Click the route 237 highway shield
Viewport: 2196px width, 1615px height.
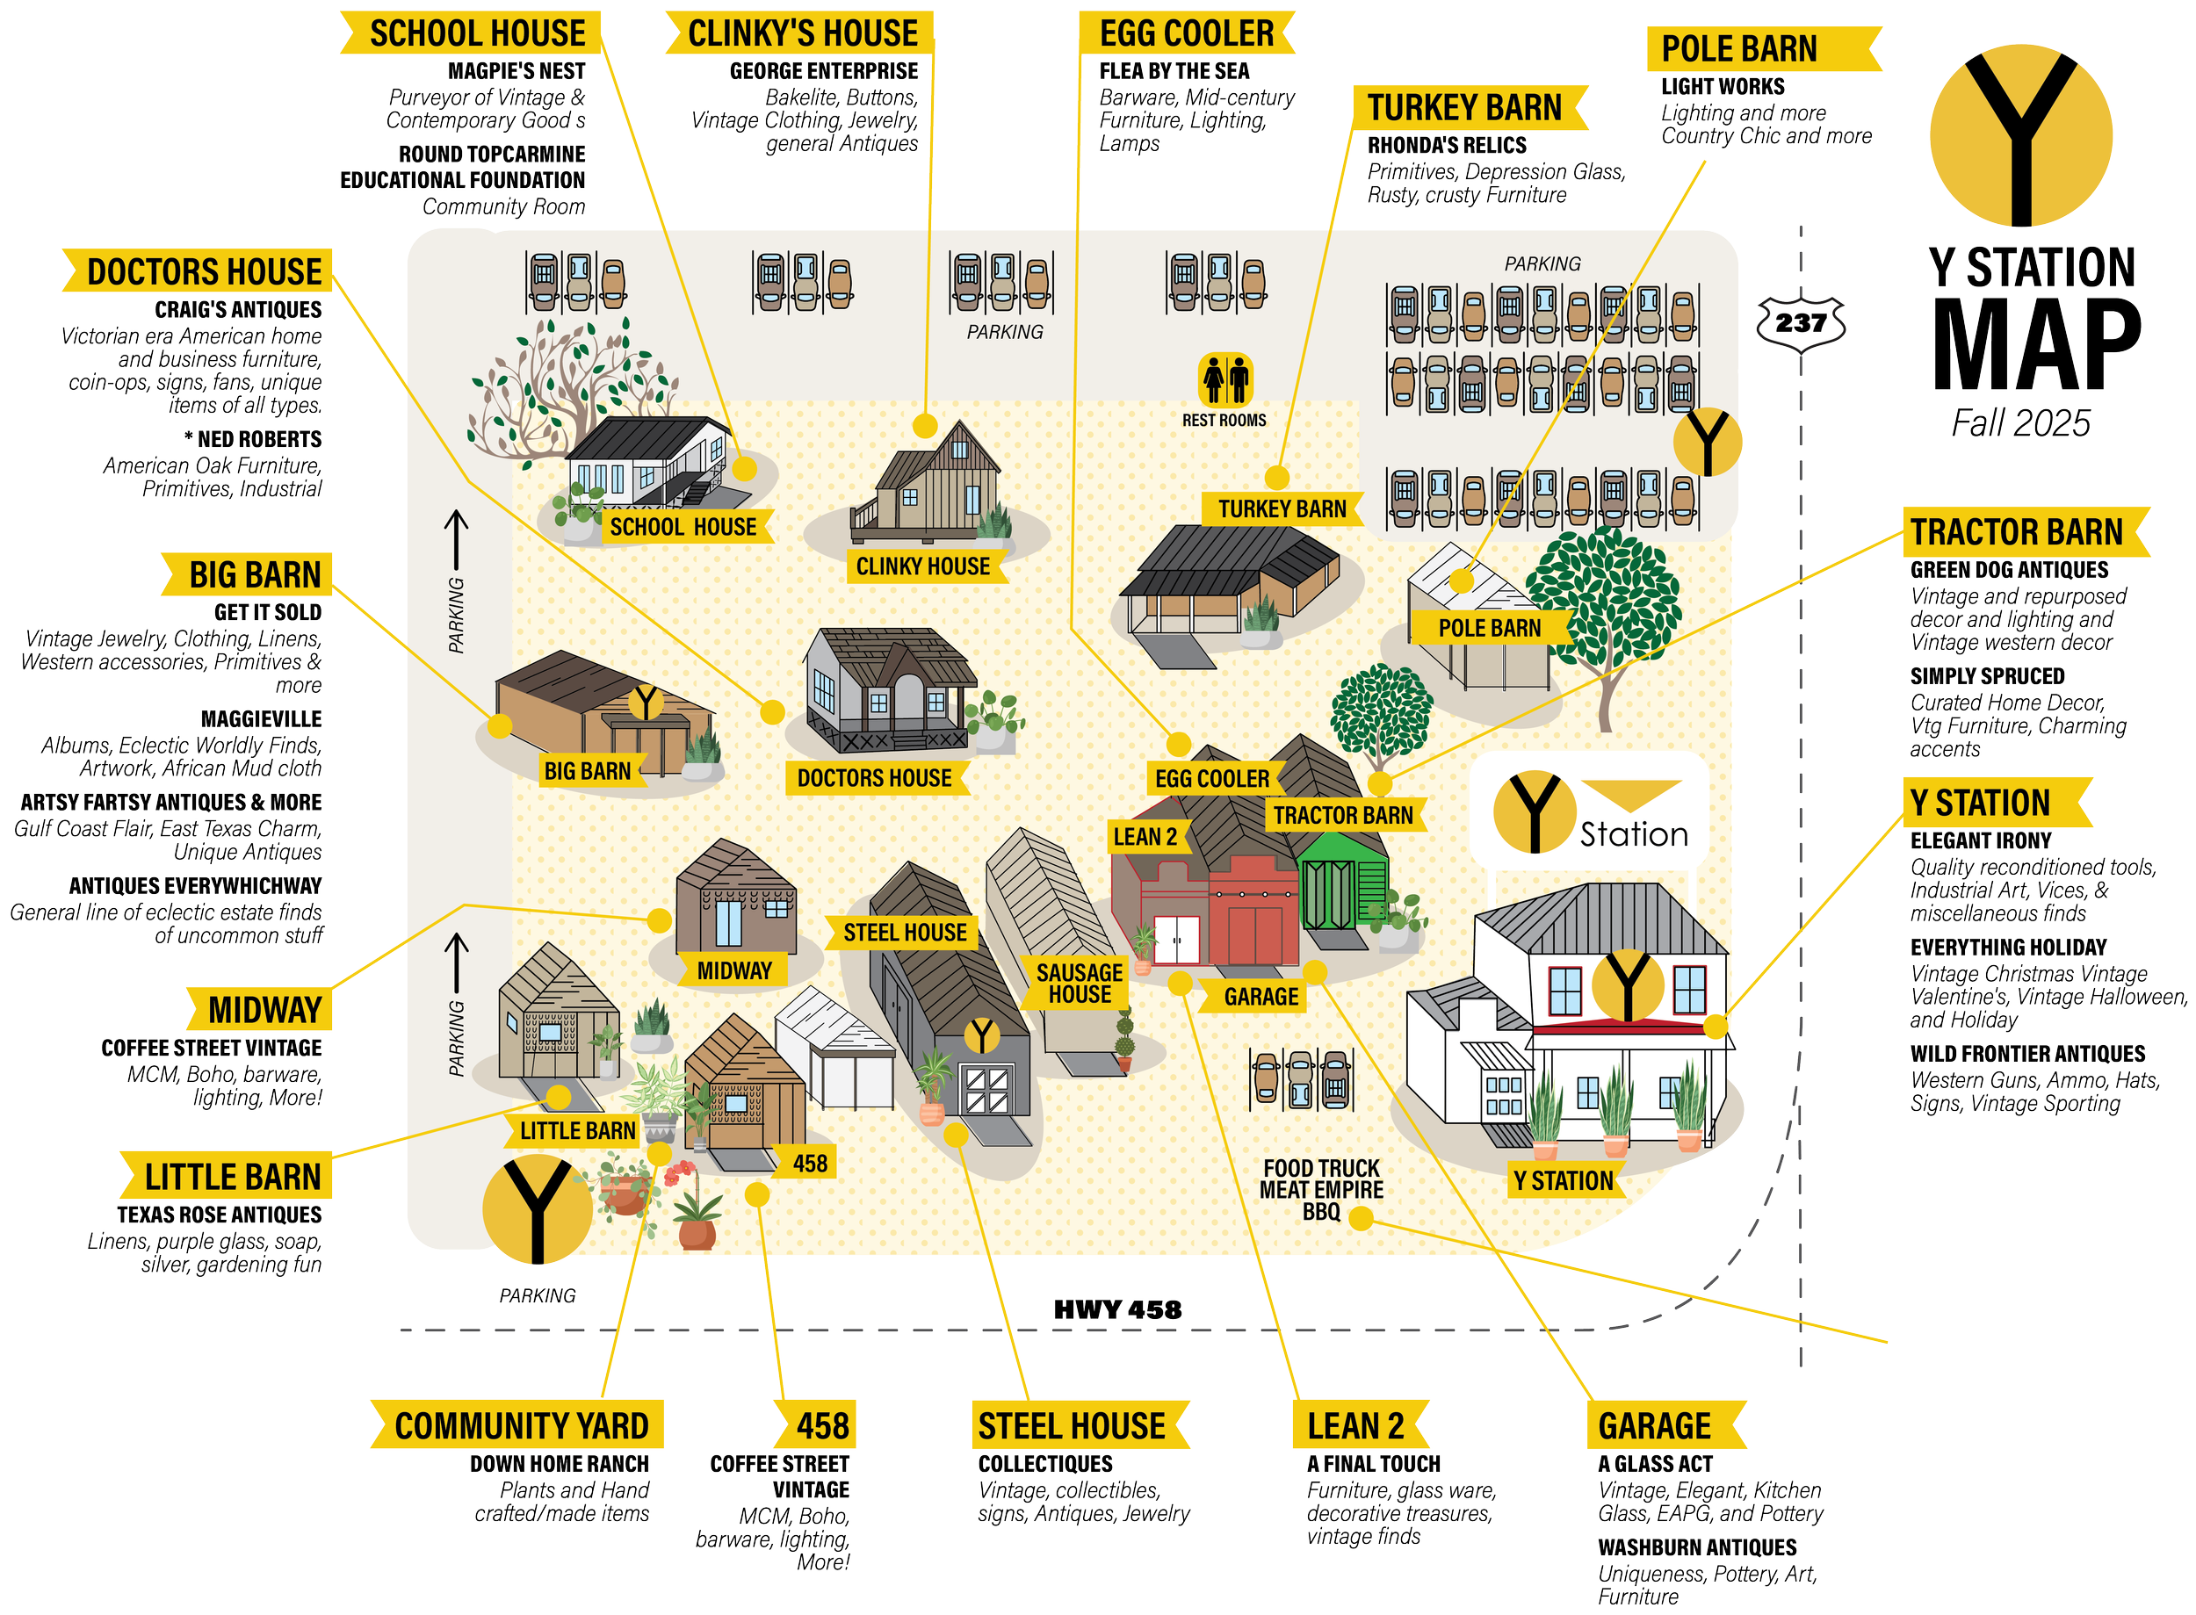click(x=1801, y=323)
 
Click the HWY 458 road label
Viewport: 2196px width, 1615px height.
click(x=1117, y=1310)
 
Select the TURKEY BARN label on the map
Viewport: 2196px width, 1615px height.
click(x=1282, y=509)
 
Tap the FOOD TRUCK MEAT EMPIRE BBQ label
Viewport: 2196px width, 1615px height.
click(x=1321, y=1190)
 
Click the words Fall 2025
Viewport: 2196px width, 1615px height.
click(x=2021, y=423)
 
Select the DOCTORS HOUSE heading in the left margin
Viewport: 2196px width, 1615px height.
click(x=204, y=271)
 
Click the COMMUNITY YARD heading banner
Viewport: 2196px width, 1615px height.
click(x=520, y=1426)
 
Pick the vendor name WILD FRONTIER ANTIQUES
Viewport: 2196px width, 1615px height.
click(x=2028, y=1054)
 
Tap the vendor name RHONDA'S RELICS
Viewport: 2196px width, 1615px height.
click(x=1447, y=146)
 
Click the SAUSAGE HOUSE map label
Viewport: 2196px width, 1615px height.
click(x=1080, y=984)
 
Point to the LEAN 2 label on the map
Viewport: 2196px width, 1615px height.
click(x=1145, y=837)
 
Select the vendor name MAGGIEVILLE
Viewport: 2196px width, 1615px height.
click(x=261, y=720)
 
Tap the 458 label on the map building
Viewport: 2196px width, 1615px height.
click(x=810, y=1164)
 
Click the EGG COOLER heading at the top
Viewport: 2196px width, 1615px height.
click(x=1187, y=33)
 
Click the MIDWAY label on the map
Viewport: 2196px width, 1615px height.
click(x=734, y=970)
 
